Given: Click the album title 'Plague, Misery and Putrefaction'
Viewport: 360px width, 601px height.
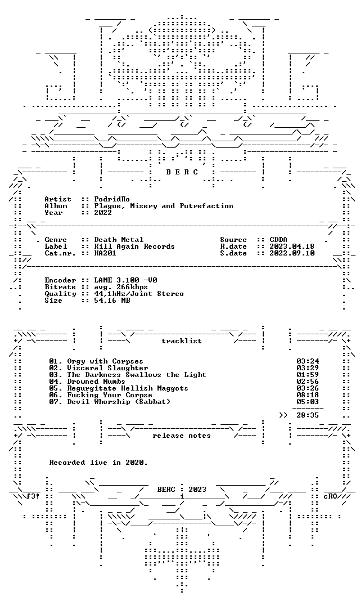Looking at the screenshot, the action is (164, 206).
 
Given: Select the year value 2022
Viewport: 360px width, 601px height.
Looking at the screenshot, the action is (103, 213).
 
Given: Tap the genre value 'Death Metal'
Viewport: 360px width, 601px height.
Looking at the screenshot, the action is (119, 240).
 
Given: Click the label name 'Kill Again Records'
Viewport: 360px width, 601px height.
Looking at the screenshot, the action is (134, 246).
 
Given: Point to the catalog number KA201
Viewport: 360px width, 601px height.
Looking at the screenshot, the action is (105, 253).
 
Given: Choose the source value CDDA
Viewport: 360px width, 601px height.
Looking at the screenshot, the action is (278, 240).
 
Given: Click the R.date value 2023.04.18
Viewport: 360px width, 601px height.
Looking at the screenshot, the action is (292, 246).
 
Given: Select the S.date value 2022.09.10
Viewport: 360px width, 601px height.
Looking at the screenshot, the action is (292, 253).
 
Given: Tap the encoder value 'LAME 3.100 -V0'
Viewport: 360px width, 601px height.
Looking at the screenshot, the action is (125, 280).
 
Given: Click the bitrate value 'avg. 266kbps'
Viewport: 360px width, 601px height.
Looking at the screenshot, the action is (121, 287).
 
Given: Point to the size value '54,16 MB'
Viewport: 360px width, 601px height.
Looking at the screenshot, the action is (112, 300).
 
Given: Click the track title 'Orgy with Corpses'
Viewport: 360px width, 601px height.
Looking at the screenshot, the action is (105, 361).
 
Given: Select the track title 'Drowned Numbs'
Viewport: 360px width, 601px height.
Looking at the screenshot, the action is (96, 382).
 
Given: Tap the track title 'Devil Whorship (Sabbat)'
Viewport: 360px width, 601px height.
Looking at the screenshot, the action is (119, 402).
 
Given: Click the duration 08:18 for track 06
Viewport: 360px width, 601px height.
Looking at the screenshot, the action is (308, 395).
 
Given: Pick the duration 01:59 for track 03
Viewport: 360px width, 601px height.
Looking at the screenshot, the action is (308, 375).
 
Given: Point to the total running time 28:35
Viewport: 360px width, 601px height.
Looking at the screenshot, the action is (308, 415).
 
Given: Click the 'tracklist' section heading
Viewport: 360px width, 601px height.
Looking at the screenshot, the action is (182, 341).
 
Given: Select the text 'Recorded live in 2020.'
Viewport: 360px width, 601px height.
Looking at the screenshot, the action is (98, 463).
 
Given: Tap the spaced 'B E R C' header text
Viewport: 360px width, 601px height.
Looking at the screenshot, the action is (182, 172).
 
